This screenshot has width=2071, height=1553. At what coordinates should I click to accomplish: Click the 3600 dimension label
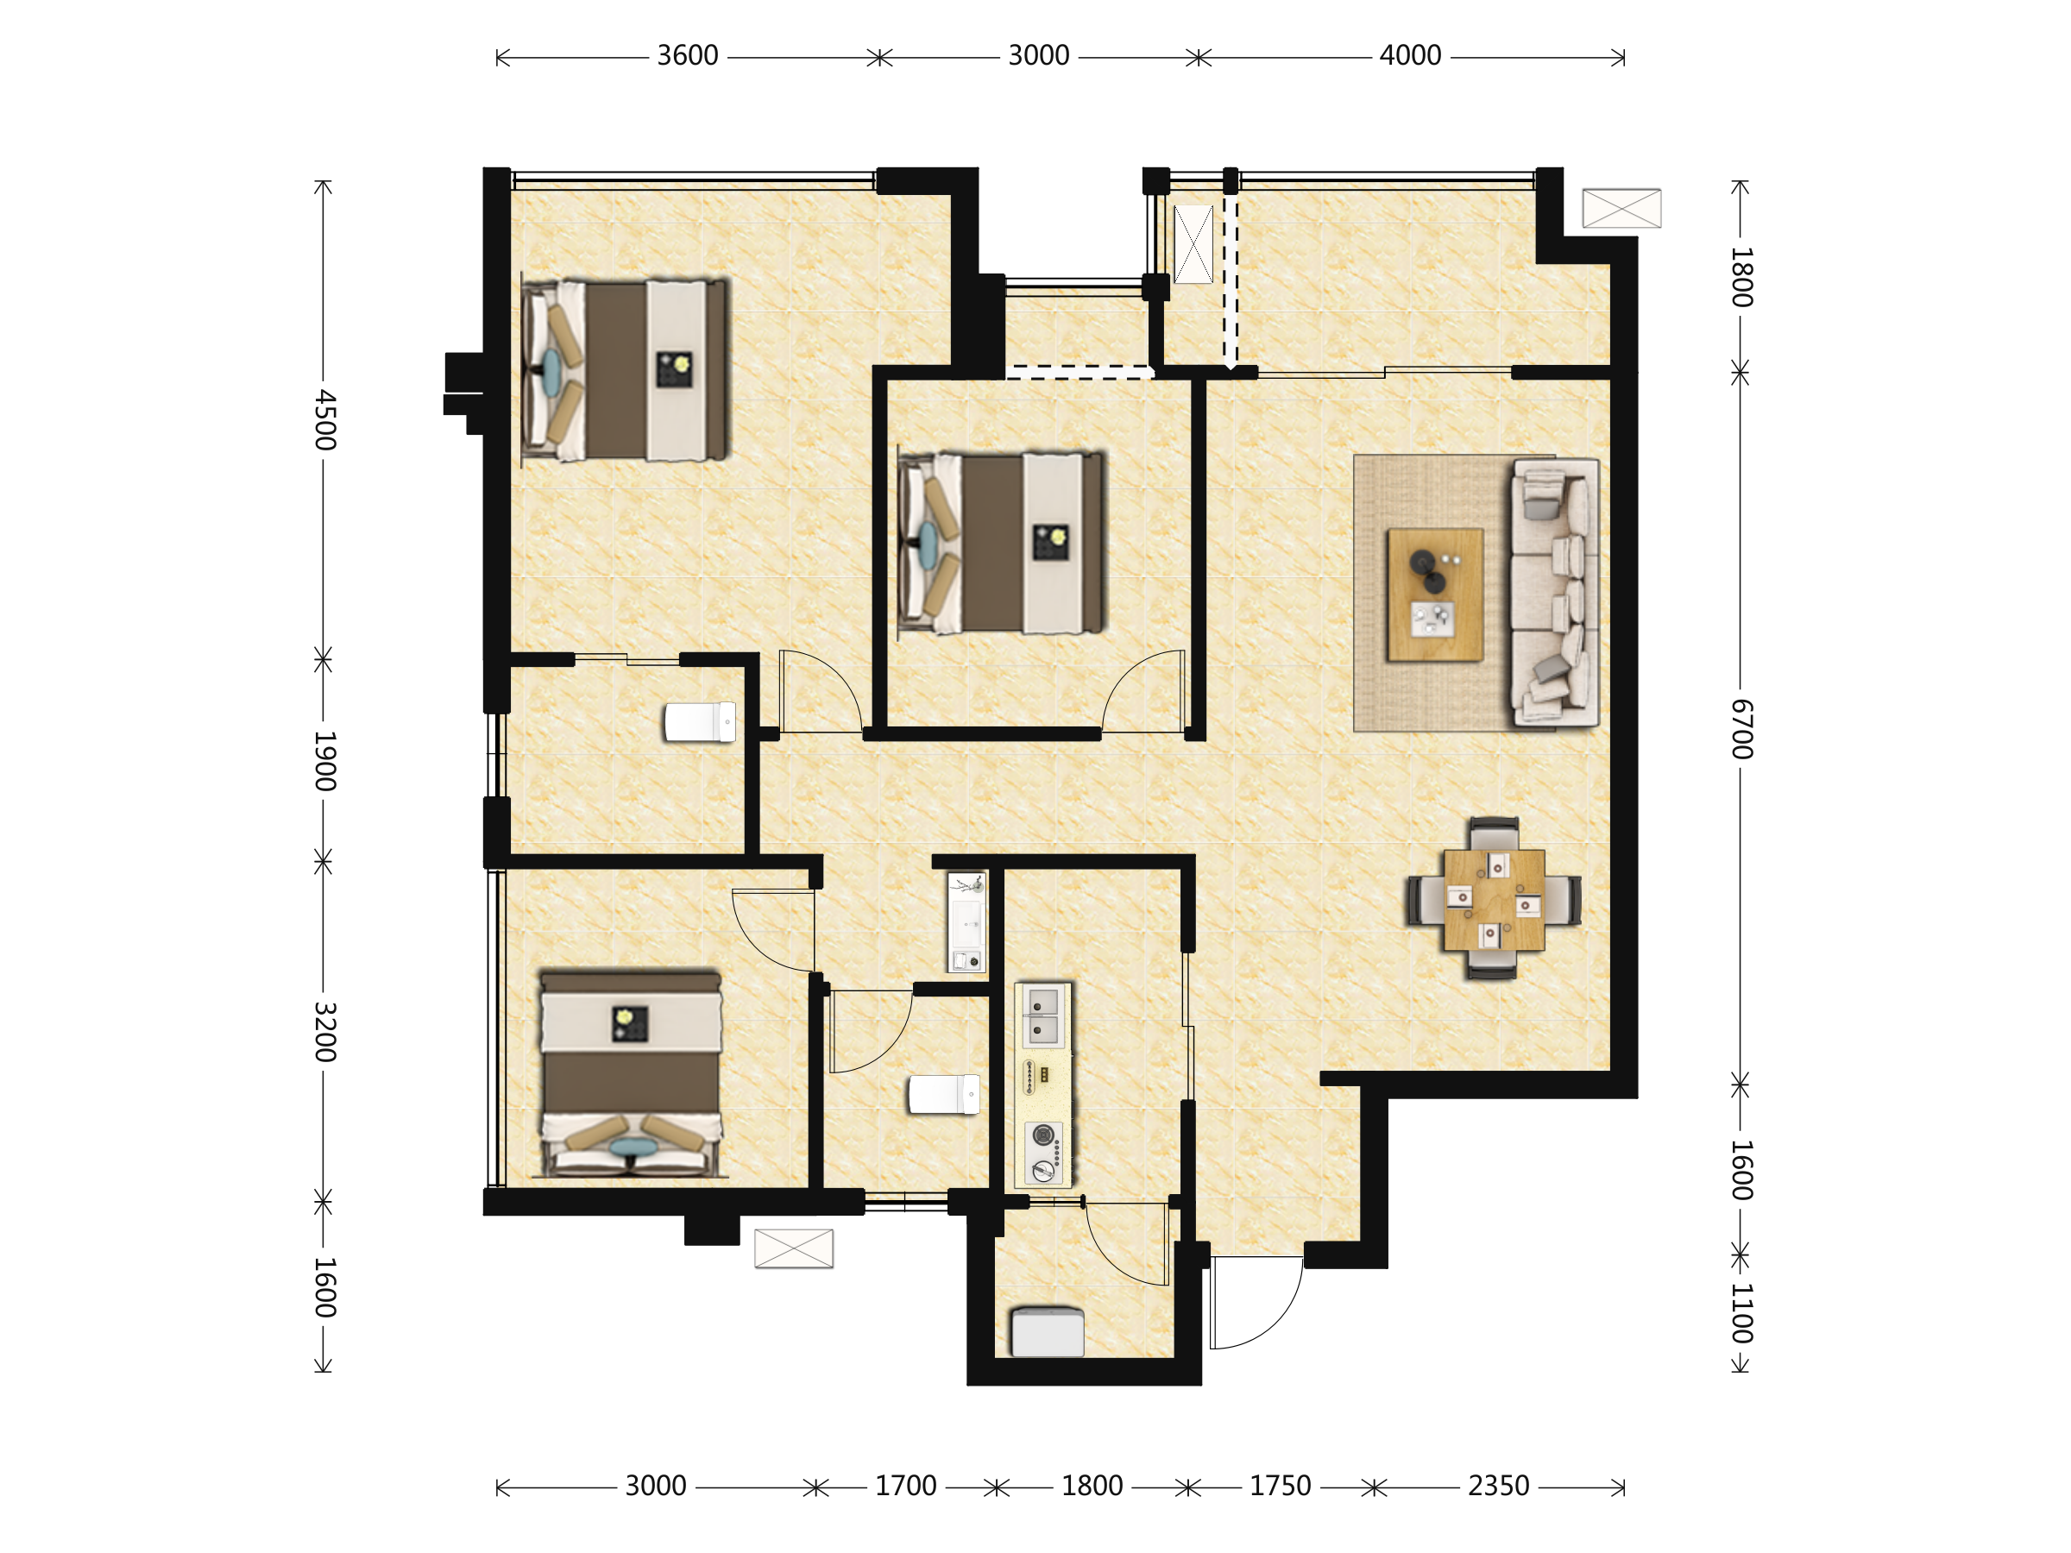click(687, 56)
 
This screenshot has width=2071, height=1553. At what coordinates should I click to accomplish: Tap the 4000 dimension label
click(1410, 56)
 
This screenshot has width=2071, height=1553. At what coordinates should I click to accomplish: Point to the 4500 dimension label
click(324, 419)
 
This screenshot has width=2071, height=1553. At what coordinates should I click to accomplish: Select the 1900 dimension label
click(324, 761)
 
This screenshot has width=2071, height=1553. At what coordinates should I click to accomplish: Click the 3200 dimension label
click(324, 1032)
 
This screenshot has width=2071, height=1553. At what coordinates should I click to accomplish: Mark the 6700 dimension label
click(1741, 728)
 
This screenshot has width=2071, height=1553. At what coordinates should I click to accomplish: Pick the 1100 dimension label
click(1741, 1313)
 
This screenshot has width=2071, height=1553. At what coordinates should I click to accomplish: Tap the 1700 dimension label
click(905, 1486)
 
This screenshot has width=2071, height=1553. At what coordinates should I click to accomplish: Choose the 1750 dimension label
click(1280, 1486)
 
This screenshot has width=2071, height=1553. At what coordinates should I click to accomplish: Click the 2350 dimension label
click(1498, 1486)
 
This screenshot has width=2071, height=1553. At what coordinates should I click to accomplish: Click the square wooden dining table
click(1495, 900)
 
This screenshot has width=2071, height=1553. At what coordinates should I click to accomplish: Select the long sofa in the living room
click(1555, 593)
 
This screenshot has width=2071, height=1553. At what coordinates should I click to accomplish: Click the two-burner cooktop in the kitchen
click(1044, 1153)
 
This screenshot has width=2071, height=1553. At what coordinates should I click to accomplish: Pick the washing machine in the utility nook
click(1048, 1332)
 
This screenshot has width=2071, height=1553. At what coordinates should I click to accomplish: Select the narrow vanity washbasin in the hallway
click(967, 922)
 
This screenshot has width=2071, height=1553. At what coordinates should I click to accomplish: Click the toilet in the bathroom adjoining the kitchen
click(945, 1094)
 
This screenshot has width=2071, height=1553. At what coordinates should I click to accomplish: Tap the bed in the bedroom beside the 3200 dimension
click(631, 1072)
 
